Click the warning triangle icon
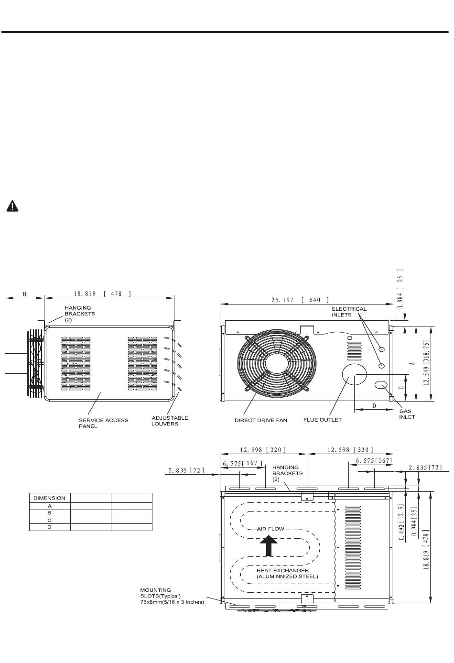(x=12, y=206)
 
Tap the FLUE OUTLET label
(x=322, y=420)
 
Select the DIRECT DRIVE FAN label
(x=261, y=420)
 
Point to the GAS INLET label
(x=407, y=414)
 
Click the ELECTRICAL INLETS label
(x=349, y=312)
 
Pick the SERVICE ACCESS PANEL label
(x=104, y=423)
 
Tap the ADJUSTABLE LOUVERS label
(x=170, y=421)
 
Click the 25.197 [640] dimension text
(x=300, y=300)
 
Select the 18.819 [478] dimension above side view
(x=102, y=293)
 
